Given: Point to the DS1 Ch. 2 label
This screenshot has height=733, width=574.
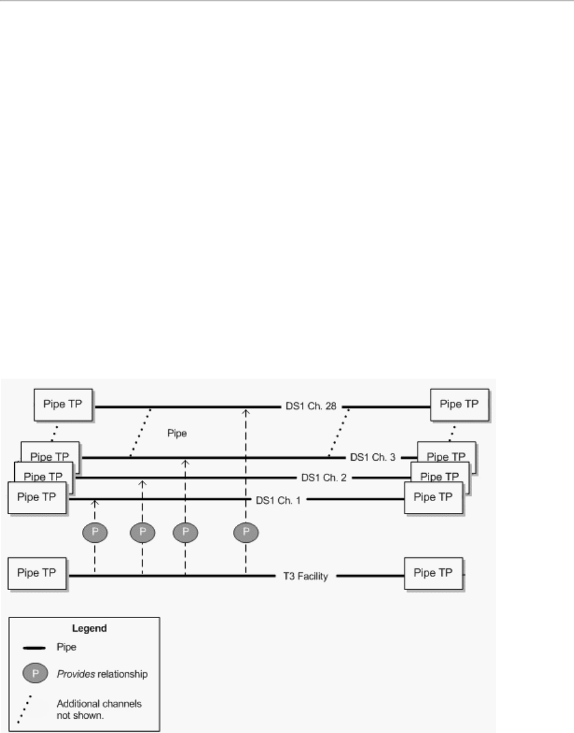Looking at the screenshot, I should (x=324, y=477).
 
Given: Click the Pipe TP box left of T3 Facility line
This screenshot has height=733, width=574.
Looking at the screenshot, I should (x=37, y=574).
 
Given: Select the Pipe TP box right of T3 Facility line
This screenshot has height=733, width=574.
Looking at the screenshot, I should (x=434, y=574).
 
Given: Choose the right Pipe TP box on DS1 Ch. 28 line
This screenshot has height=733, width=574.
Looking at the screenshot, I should (x=460, y=404).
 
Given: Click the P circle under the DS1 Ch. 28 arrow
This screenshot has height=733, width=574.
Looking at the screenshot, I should (x=246, y=532).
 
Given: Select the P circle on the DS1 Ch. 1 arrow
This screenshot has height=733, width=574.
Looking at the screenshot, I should (x=95, y=532).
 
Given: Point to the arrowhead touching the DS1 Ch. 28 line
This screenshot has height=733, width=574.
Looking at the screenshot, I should (x=246, y=411).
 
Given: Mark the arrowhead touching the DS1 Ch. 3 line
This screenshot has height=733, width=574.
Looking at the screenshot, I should (x=184, y=462).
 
